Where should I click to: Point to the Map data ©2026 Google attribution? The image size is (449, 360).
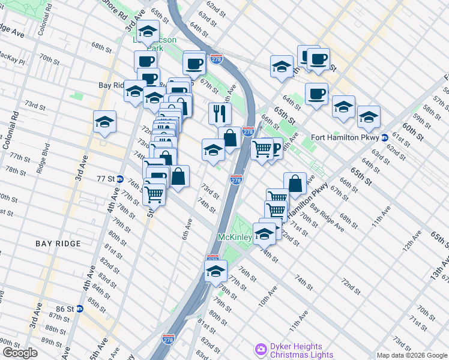412,355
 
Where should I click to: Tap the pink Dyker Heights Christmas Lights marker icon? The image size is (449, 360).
261,349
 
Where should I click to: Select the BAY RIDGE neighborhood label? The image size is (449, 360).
58,244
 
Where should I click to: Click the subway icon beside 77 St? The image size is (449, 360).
119,179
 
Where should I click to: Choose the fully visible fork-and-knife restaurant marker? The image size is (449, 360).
220,112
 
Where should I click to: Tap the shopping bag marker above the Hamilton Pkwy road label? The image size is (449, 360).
295,183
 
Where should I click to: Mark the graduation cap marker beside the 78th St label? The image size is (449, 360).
215,271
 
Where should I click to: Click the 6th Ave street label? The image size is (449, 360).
188,229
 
